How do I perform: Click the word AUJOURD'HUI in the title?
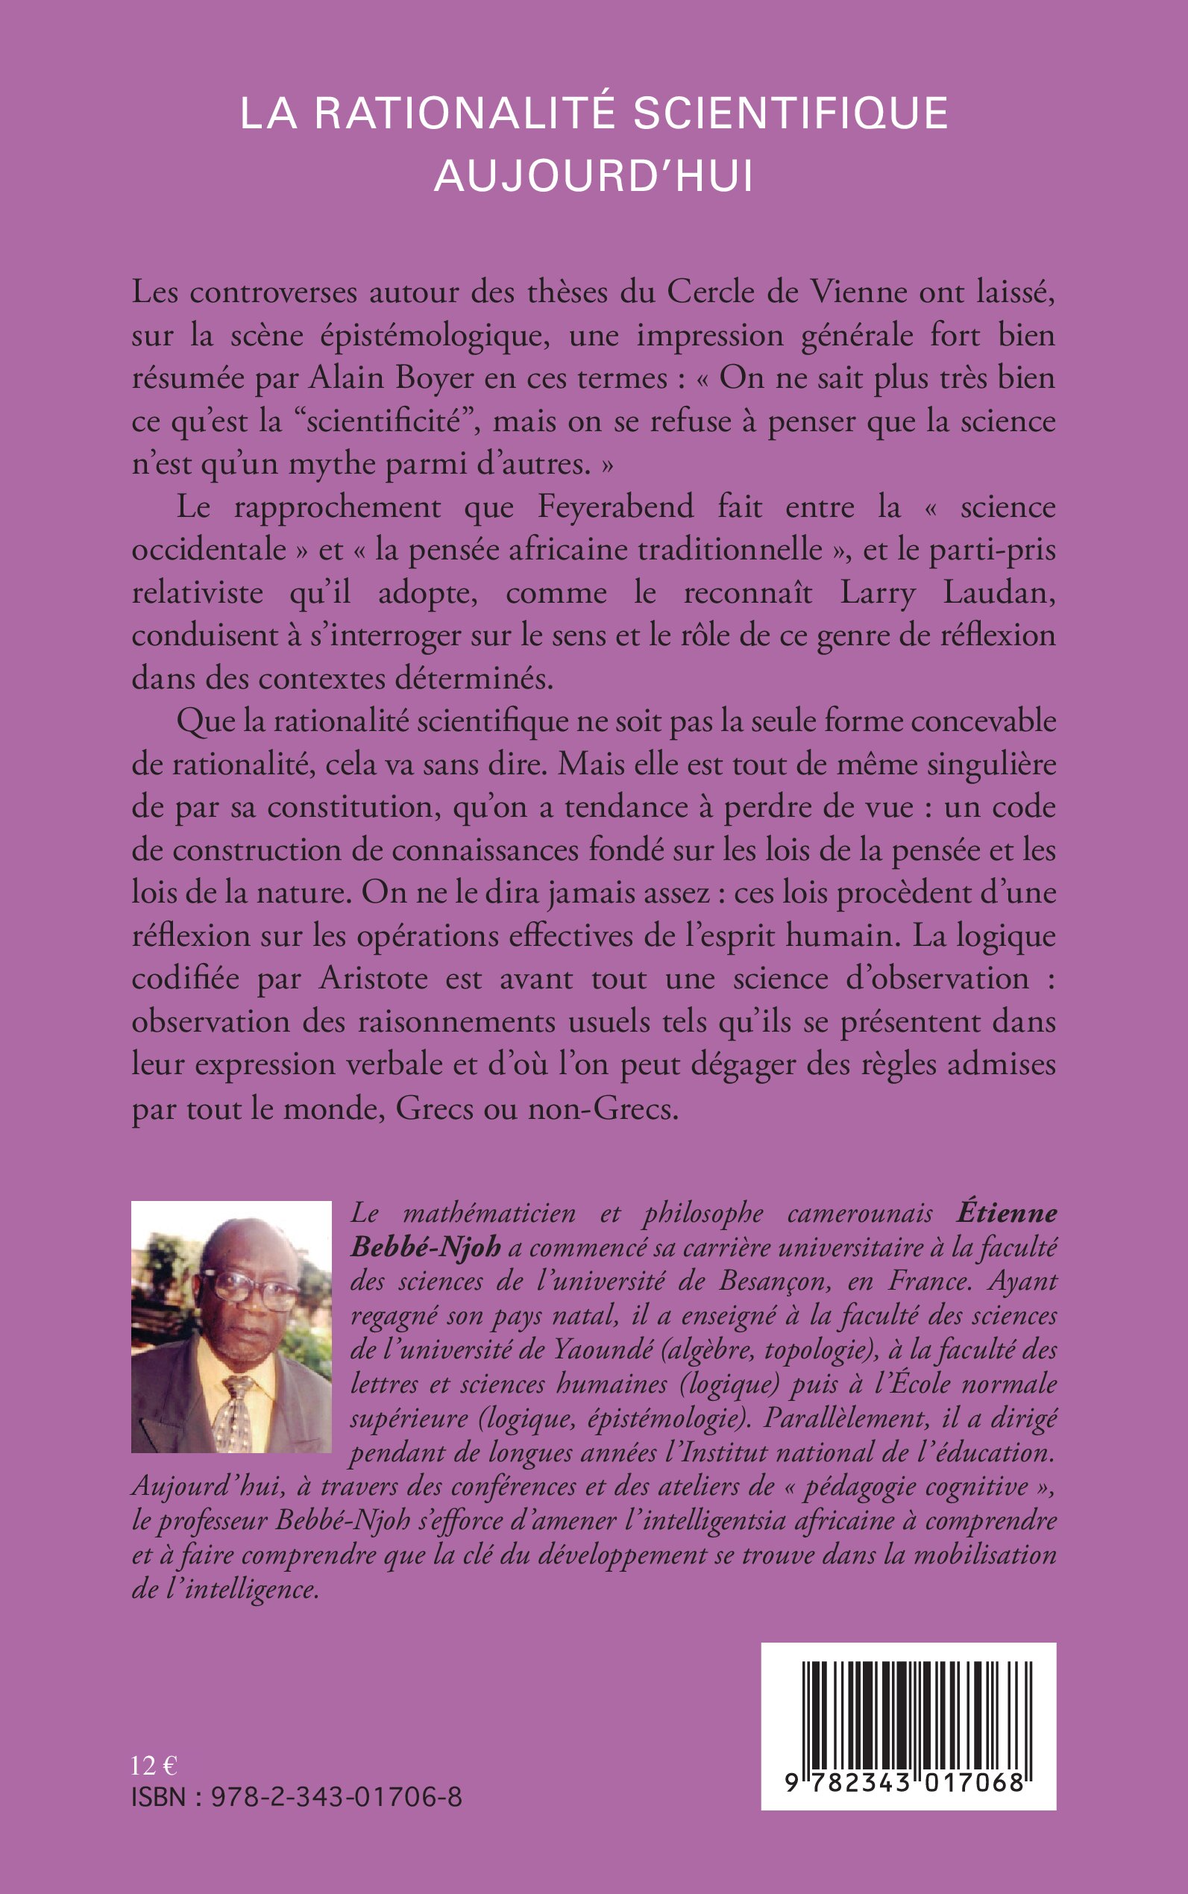[594, 176]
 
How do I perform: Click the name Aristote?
[373, 979]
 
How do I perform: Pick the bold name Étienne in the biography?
[1007, 1213]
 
